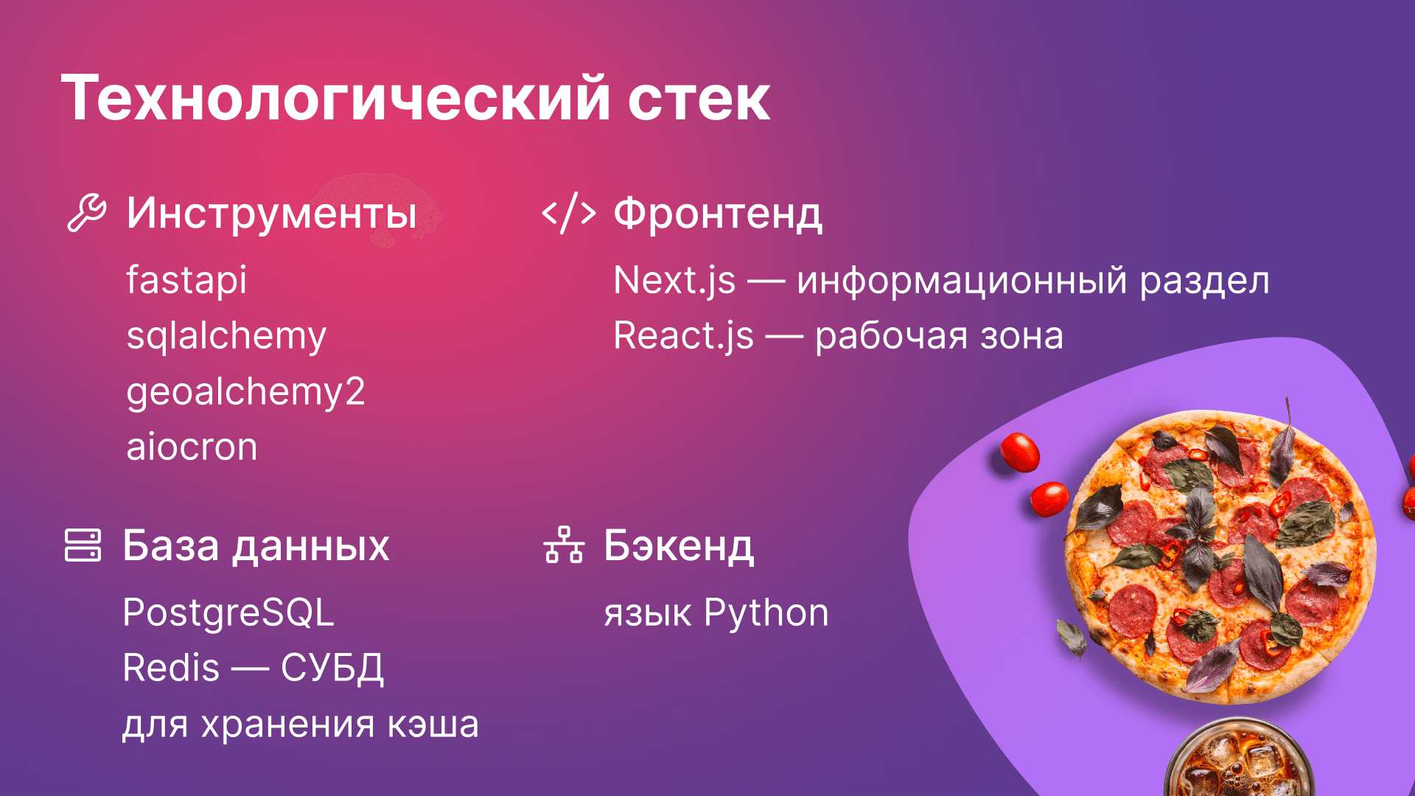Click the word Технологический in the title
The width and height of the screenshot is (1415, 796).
[336, 99]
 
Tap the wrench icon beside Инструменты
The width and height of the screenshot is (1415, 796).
[87, 213]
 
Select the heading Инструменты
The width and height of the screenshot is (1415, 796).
[271, 214]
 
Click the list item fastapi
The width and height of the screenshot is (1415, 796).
[186, 280]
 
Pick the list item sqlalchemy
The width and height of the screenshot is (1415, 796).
[226, 336]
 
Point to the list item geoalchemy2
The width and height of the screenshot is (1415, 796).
[245, 391]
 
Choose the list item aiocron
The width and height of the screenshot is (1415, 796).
[192, 447]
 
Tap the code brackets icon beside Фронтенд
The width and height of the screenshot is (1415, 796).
[568, 214]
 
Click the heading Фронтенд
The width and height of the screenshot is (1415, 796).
[718, 214]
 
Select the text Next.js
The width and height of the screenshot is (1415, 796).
[674, 281]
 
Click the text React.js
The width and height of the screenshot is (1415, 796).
[683, 336]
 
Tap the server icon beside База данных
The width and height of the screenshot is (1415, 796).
[83, 545]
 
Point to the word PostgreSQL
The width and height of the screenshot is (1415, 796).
[228, 612]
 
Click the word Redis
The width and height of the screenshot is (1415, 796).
[171, 668]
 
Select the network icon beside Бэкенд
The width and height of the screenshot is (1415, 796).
[564, 545]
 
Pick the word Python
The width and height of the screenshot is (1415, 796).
[766, 613]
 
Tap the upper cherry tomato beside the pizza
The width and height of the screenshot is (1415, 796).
[1020, 451]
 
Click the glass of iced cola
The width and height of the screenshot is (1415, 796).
[1238, 763]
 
